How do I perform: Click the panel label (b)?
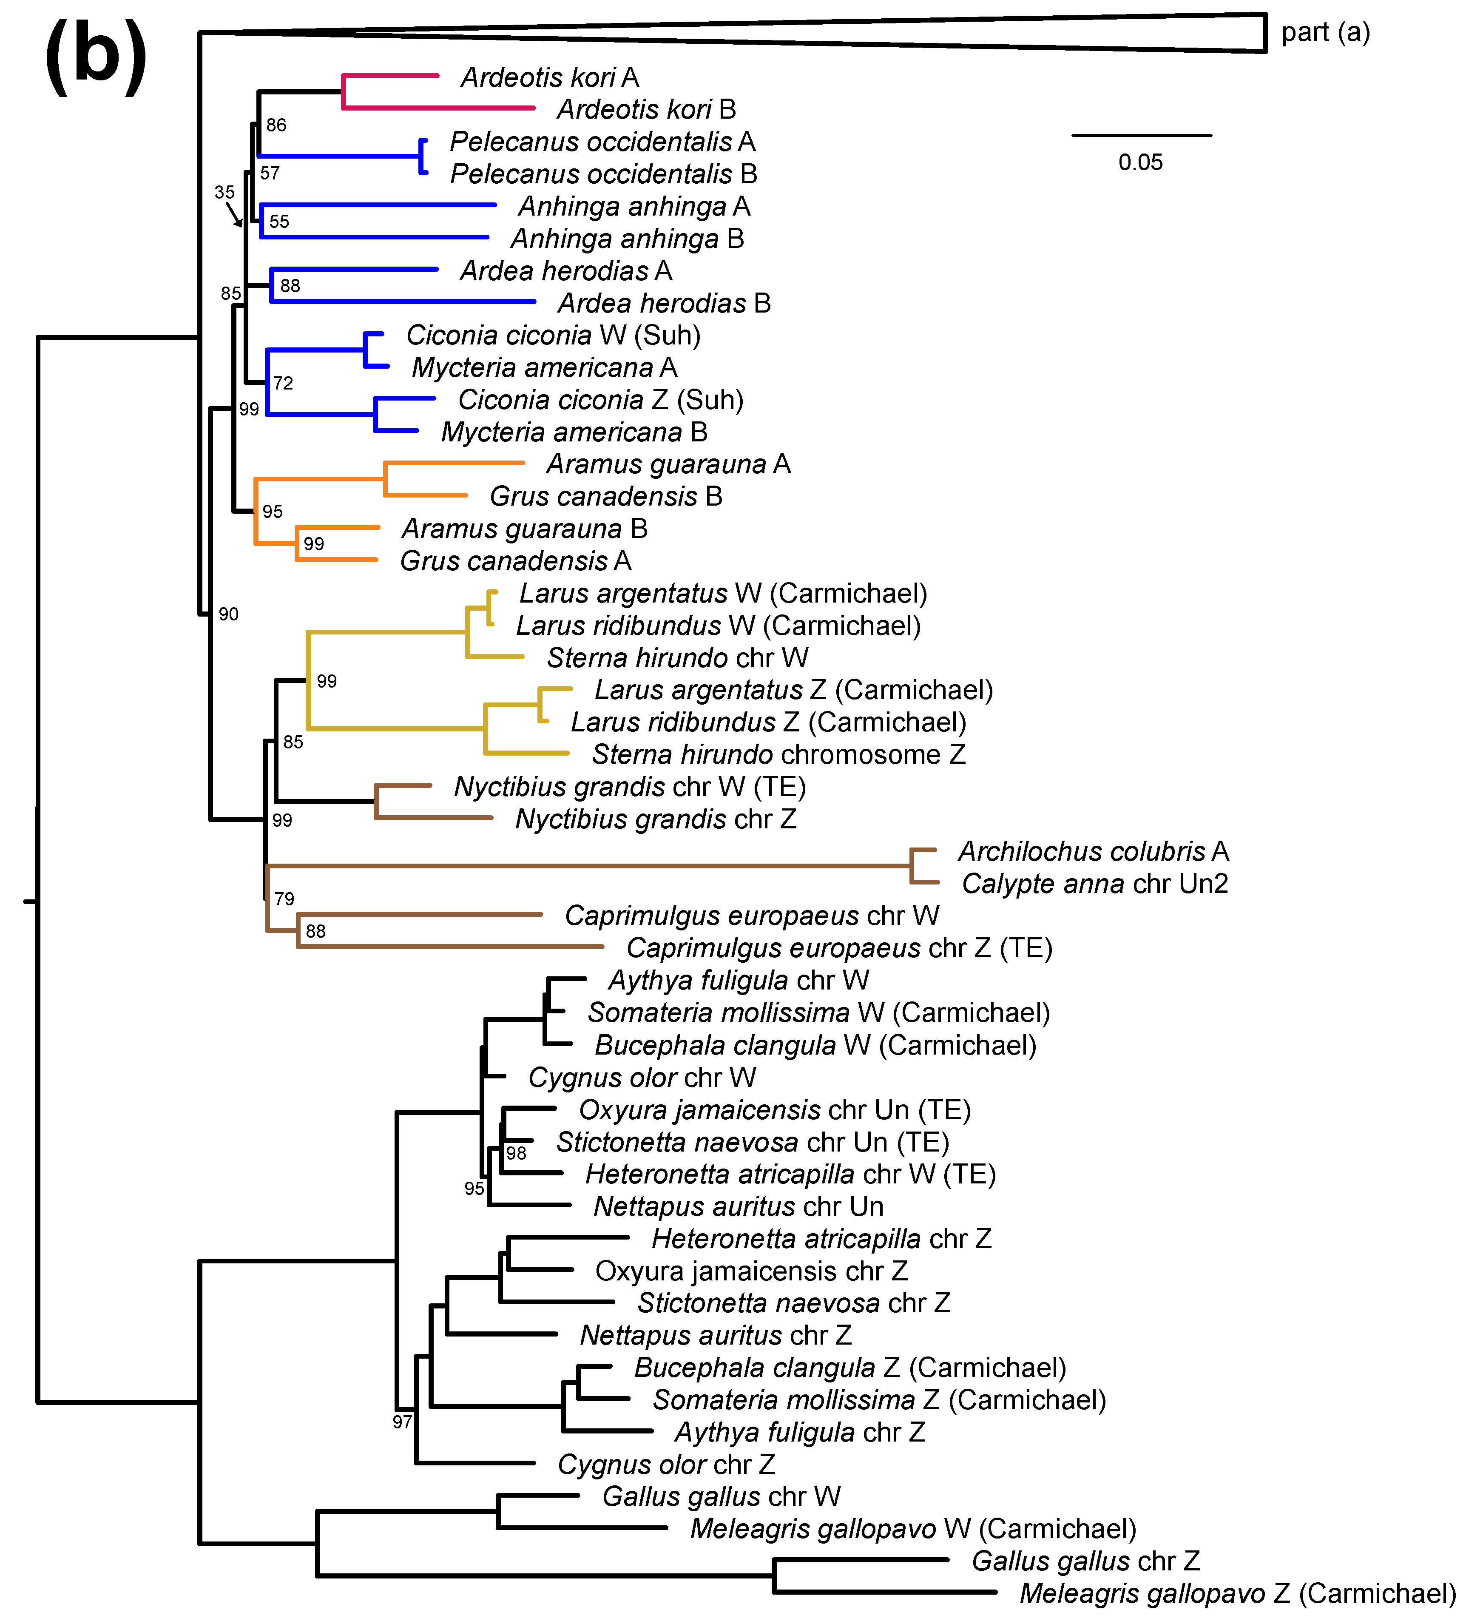(97, 55)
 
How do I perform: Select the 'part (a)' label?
(1324, 32)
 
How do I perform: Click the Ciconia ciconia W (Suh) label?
(553, 335)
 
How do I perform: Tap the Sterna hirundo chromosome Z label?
(778, 754)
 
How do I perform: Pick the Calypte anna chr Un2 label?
(1094, 884)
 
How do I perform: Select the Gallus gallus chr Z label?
(1085, 1561)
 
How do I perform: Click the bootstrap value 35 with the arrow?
(224, 192)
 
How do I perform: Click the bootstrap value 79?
(284, 899)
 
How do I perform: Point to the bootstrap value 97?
(402, 1422)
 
